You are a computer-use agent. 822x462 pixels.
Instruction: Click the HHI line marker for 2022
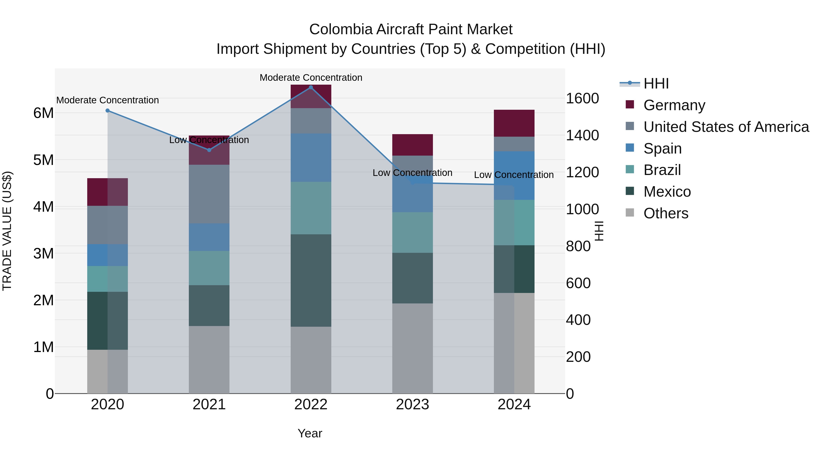pyautogui.click(x=311, y=87)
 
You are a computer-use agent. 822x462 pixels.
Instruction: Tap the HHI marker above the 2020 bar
pyautogui.click(x=108, y=111)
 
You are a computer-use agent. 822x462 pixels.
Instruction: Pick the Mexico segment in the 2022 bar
pyautogui.click(x=311, y=281)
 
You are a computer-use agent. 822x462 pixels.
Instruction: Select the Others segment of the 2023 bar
pyautogui.click(x=412, y=348)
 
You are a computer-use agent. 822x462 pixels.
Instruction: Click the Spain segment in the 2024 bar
pyautogui.click(x=514, y=175)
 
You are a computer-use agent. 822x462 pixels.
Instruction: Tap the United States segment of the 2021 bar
pyautogui.click(x=209, y=194)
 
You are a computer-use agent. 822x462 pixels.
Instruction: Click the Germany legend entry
pyautogui.click(x=674, y=105)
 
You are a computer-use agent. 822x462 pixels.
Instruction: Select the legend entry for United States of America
pyautogui.click(x=726, y=127)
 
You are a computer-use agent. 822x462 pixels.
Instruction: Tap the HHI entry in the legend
pyautogui.click(x=656, y=84)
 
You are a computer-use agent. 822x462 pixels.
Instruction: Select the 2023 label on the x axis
pyautogui.click(x=412, y=405)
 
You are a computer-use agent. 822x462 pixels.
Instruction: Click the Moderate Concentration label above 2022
pyautogui.click(x=311, y=78)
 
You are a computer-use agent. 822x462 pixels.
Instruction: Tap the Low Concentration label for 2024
pyautogui.click(x=514, y=175)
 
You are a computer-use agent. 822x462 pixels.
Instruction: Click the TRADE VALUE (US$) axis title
pyautogui.click(x=7, y=231)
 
